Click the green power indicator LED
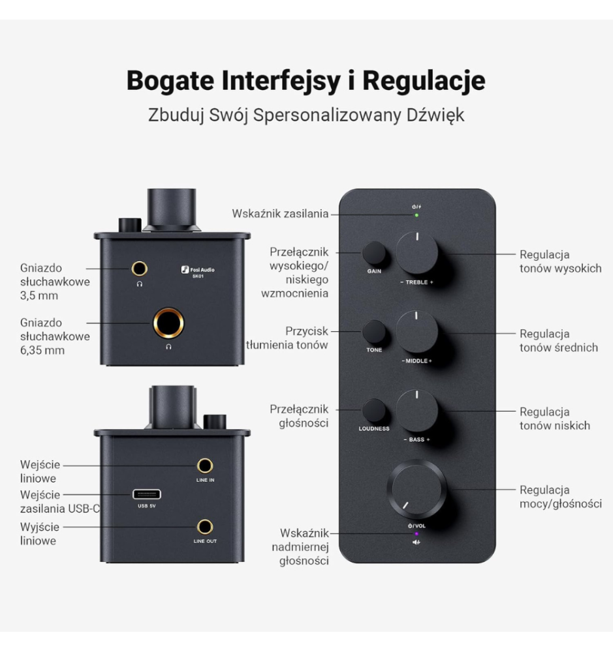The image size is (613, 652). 417,215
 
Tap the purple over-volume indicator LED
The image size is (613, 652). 417,534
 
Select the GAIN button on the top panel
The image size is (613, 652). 374,252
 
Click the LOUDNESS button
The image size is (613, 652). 374,410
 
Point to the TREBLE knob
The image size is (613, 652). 417,252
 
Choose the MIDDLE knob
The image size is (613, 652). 417,331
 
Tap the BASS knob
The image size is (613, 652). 417,410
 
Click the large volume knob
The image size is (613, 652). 417,490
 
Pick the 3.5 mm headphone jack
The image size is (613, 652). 140,269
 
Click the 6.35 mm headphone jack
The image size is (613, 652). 168,323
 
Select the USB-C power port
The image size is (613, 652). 147,494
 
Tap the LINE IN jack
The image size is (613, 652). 205,466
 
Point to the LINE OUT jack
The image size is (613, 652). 205,527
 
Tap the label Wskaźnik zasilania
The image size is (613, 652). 280,214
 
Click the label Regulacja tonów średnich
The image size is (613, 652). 559,340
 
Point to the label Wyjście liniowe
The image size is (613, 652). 40,534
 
